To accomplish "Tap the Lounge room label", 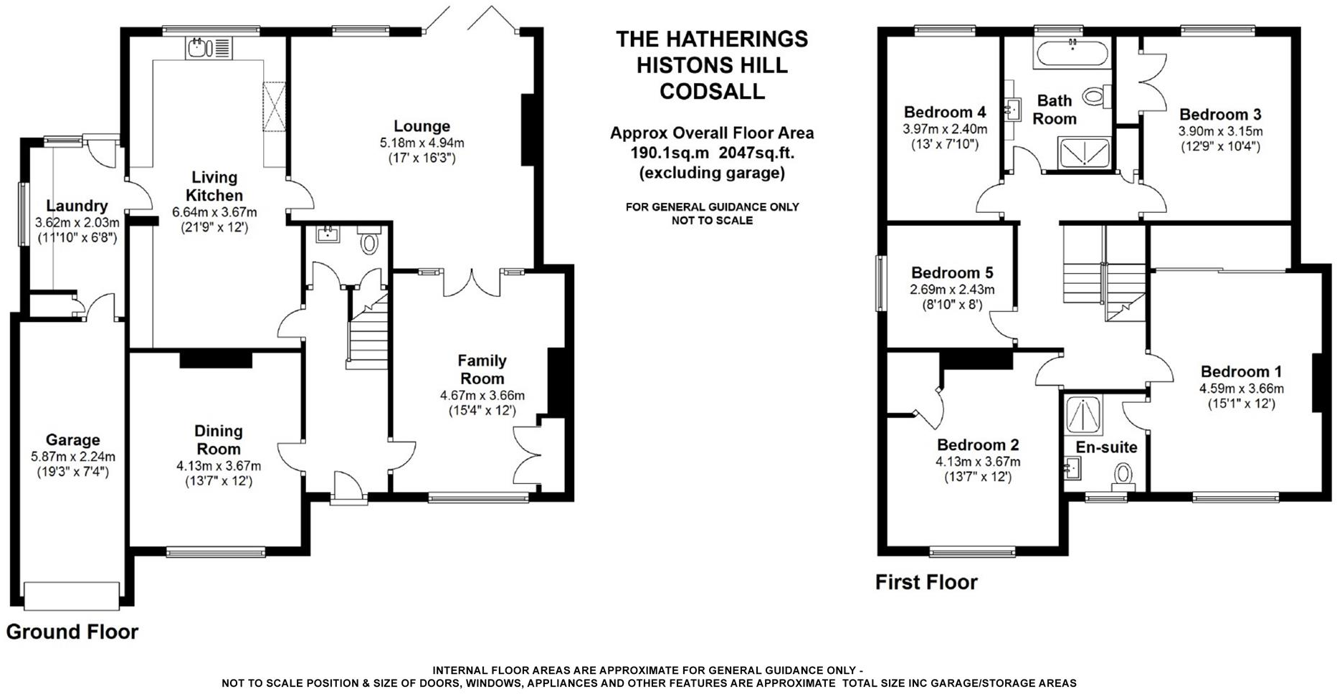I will pyautogui.click(x=422, y=127).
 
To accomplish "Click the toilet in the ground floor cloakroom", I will pyautogui.click(x=369, y=242).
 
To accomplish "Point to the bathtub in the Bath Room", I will pyautogui.click(x=1071, y=54).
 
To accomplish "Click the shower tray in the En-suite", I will pyautogui.click(x=1083, y=415).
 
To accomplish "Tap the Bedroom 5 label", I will pyautogui.click(x=952, y=273).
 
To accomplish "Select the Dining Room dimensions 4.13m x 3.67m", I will pyautogui.click(x=219, y=466).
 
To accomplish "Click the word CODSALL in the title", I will pyautogui.click(x=712, y=92).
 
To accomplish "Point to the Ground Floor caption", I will pyautogui.click(x=72, y=632).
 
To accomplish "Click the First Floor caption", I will pyautogui.click(x=926, y=582).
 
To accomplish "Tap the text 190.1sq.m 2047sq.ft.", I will pyautogui.click(x=712, y=153).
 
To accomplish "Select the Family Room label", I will pyautogui.click(x=482, y=369).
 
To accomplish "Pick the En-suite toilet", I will pyautogui.click(x=1123, y=475).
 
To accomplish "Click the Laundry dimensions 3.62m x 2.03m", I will pyautogui.click(x=77, y=223).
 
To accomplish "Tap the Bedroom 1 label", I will pyautogui.click(x=1241, y=371).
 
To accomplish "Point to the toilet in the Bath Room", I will pyautogui.click(x=1094, y=96).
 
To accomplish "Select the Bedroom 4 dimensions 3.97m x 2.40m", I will pyautogui.click(x=944, y=130).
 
